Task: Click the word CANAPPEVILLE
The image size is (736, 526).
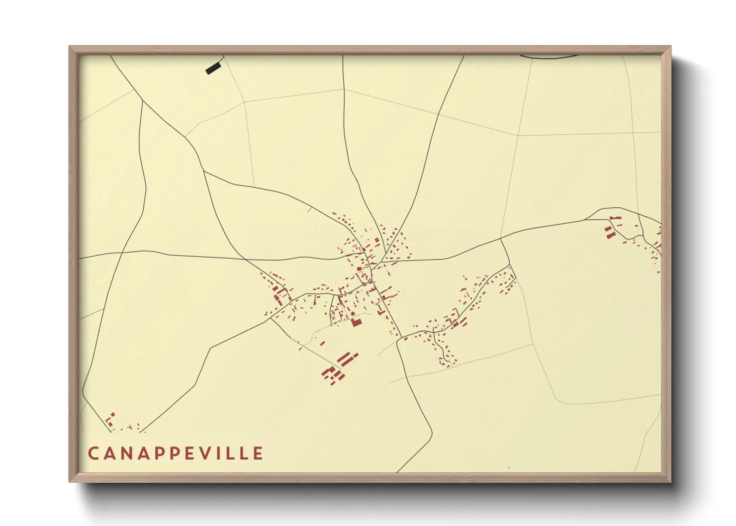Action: click(x=176, y=453)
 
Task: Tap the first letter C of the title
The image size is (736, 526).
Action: click(x=93, y=453)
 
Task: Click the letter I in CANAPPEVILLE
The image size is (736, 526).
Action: click(x=224, y=453)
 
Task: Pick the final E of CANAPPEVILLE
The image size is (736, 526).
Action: click(x=258, y=453)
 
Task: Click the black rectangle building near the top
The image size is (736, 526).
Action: click(x=213, y=69)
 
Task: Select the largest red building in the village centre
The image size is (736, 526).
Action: click(x=356, y=322)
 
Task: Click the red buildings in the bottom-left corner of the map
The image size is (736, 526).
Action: click(x=111, y=421)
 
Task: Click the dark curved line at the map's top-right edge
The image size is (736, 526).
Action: click(x=547, y=57)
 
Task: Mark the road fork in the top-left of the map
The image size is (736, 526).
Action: click(x=142, y=101)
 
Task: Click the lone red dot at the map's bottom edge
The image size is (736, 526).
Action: click(x=508, y=468)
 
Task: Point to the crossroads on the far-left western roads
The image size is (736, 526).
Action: click(x=122, y=253)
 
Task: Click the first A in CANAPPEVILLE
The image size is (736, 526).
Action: click(x=110, y=453)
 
